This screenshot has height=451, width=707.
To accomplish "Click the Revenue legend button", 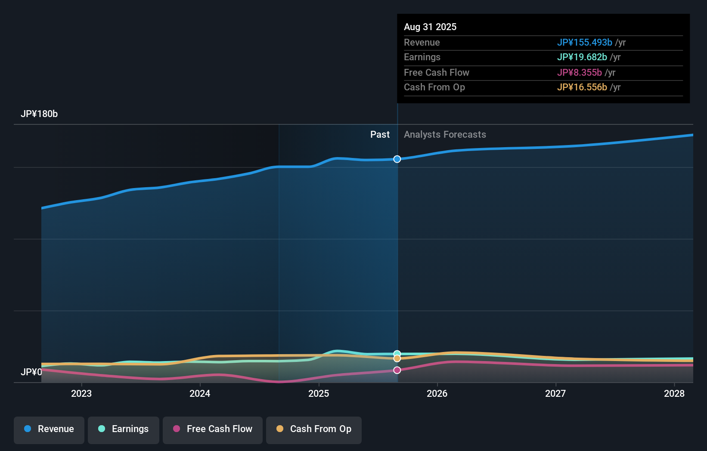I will [49, 429].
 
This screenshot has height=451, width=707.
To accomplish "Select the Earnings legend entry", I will [124, 429].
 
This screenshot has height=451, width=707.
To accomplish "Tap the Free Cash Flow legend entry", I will [213, 429].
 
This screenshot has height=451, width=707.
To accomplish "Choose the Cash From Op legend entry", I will [314, 429].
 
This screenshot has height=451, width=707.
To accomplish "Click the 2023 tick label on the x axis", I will [81, 394].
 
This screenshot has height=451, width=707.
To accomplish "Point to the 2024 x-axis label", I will [200, 394].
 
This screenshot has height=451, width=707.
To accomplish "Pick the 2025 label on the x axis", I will [319, 394].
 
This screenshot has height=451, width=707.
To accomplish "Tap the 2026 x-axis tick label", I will [437, 394].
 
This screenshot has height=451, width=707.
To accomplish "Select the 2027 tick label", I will [555, 394].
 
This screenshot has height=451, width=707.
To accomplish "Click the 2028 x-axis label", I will [674, 394].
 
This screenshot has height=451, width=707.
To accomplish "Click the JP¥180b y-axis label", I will [39, 114].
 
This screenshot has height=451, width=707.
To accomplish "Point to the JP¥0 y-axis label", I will [31, 372].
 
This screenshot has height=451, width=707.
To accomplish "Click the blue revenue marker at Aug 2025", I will [397, 159].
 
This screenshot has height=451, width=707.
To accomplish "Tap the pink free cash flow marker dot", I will [397, 370].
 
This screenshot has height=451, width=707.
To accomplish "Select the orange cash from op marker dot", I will [397, 358].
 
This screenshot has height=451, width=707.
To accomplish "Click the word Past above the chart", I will [380, 135].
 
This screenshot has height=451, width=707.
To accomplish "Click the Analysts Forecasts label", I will [445, 135].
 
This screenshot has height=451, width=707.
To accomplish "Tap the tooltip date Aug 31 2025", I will [430, 27].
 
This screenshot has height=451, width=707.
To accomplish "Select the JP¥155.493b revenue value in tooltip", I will [584, 43].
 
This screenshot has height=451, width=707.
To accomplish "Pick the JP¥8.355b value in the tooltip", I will [579, 73].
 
